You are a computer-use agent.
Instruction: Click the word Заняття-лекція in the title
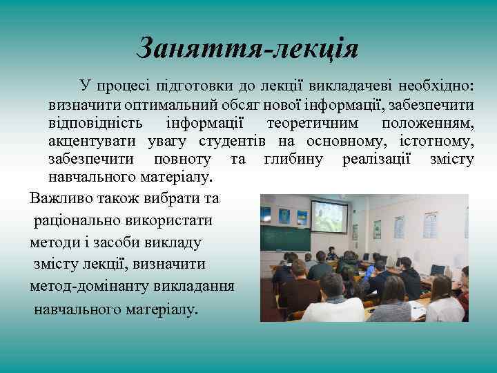[x=248, y=48]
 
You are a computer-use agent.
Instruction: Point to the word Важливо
[x=58, y=198]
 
